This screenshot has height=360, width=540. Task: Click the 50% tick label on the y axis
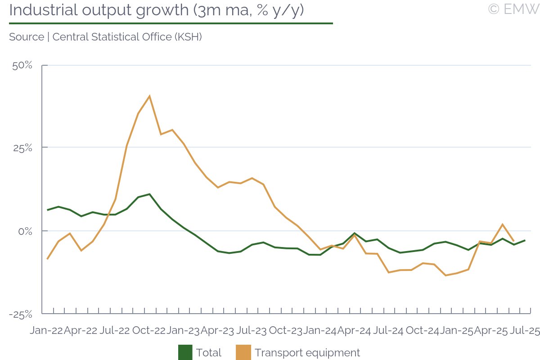coord(22,66)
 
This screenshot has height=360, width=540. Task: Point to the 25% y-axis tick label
coord(22,148)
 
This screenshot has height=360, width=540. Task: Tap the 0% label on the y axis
coord(25,231)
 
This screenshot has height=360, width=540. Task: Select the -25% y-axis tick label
coord(21,314)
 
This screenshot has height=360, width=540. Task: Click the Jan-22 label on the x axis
coord(46,331)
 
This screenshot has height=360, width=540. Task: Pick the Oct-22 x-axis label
coord(149,331)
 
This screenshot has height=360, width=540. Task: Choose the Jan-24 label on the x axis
coord(319,331)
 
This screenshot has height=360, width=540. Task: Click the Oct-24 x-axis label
coord(422,331)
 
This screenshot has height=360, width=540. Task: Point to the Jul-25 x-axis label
coord(524,331)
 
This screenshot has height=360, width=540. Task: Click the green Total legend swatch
coord(185,353)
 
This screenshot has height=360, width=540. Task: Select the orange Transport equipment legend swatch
coord(243,353)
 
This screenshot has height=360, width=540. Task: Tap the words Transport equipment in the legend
coord(307,353)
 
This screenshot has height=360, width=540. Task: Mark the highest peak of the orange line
coord(149,96)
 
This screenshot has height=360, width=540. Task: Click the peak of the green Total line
coord(149,194)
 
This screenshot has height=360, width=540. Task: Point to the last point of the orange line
coord(513,241)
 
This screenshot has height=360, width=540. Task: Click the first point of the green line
coord(47,210)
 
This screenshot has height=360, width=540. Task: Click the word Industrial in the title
coord(42,10)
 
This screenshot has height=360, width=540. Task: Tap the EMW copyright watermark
coord(513,9)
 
